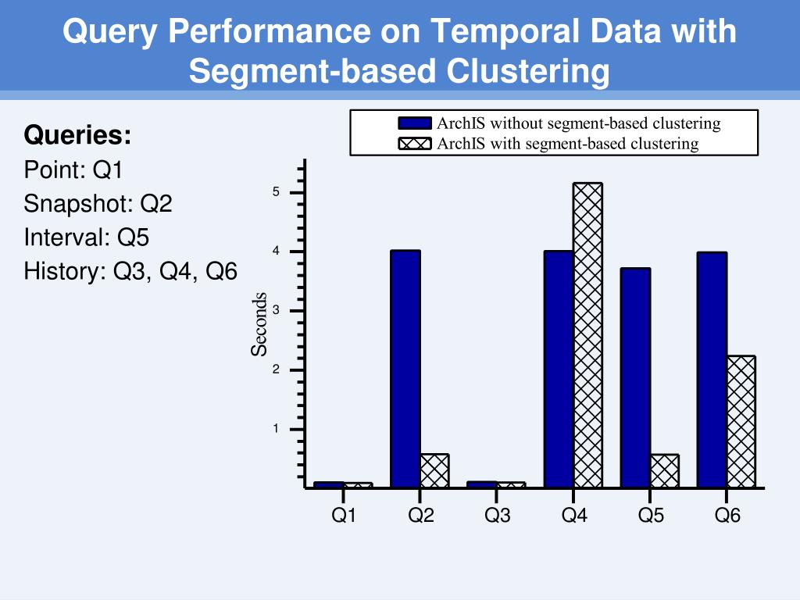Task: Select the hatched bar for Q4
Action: click(587, 335)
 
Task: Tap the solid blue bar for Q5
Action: click(635, 378)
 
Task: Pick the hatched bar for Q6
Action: click(741, 422)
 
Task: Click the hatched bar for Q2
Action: click(434, 471)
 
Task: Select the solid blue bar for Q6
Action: click(712, 370)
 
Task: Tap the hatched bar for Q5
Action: click(664, 471)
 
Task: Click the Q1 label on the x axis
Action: click(344, 516)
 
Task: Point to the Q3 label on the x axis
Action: click(498, 516)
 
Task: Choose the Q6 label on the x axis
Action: click(727, 516)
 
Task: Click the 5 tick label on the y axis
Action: click(276, 193)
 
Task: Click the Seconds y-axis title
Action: click(259, 324)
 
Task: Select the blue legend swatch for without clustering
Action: click(415, 123)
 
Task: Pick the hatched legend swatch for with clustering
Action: click(415, 144)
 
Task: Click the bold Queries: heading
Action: click(77, 135)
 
